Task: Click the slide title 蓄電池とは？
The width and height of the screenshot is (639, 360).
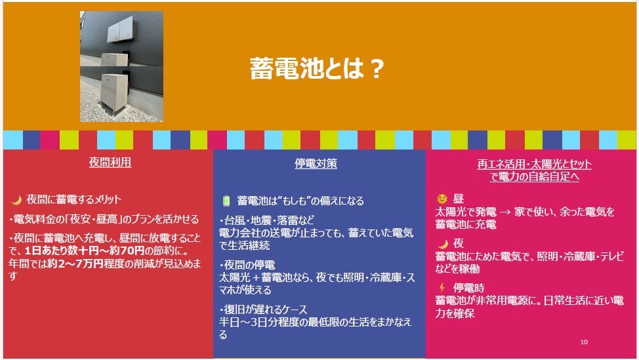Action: click(x=317, y=68)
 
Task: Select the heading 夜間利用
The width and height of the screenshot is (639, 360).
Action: click(x=110, y=162)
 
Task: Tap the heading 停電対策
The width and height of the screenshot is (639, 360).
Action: click(x=316, y=163)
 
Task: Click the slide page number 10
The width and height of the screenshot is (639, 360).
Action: click(x=584, y=342)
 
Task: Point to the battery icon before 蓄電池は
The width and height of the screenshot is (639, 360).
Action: click(x=226, y=201)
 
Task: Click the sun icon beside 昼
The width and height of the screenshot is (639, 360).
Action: click(x=442, y=199)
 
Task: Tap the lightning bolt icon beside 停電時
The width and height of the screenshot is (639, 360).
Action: click(x=442, y=287)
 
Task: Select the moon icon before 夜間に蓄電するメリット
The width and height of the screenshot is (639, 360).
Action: click(x=16, y=199)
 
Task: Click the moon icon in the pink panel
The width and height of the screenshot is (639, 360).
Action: click(x=443, y=243)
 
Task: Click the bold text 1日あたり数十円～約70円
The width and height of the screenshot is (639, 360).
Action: click(x=85, y=250)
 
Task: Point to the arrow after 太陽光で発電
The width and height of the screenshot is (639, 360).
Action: click(x=505, y=212)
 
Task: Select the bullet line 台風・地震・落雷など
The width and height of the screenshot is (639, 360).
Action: click(x=267, y=220)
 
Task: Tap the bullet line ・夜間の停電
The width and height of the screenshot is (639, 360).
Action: click(x=247, y=265)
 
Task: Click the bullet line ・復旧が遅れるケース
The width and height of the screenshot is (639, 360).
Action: click(x=263, y=310)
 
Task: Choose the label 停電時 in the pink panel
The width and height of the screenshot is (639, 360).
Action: click(x=468, y=288)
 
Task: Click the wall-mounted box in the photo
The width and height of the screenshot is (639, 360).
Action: click(x=120, y=28)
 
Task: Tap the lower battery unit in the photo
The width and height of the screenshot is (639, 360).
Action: click(x=113, y=92)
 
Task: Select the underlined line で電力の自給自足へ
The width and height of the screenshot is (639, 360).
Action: click(x=534, y=177)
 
